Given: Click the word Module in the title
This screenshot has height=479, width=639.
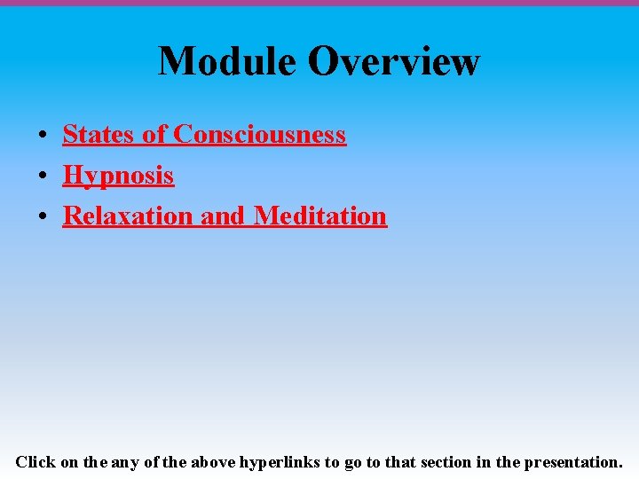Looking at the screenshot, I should click(x=227, y=62).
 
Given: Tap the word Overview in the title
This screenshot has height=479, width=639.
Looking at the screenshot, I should click(x=394, y=62).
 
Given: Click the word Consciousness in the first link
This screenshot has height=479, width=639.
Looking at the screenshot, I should click(x=259, y=135).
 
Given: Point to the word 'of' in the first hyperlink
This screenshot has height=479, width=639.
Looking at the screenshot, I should click(x=154, y=135).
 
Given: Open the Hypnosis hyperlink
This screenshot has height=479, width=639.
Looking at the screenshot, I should click(x=118, y=176).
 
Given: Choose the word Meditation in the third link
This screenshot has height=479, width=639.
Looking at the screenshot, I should click(x=320, y=216).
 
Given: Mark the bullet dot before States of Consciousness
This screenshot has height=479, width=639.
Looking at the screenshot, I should click(x=43, y=136).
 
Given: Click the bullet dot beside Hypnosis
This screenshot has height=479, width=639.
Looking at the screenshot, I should click(x=43, y=177).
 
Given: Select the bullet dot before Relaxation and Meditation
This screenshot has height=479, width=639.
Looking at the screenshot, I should click(x=43, y=216).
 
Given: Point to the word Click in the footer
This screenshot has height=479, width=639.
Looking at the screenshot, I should click(x=35, y=462).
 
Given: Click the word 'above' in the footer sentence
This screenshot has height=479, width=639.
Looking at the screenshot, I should click(x=212, y=462).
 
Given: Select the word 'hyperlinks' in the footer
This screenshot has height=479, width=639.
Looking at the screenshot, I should click(x=280, y=462).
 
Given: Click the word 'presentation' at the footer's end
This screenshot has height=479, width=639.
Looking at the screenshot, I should click(x=573, y=462).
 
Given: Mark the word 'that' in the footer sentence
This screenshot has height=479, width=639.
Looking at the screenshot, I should click(x=401, y=462).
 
